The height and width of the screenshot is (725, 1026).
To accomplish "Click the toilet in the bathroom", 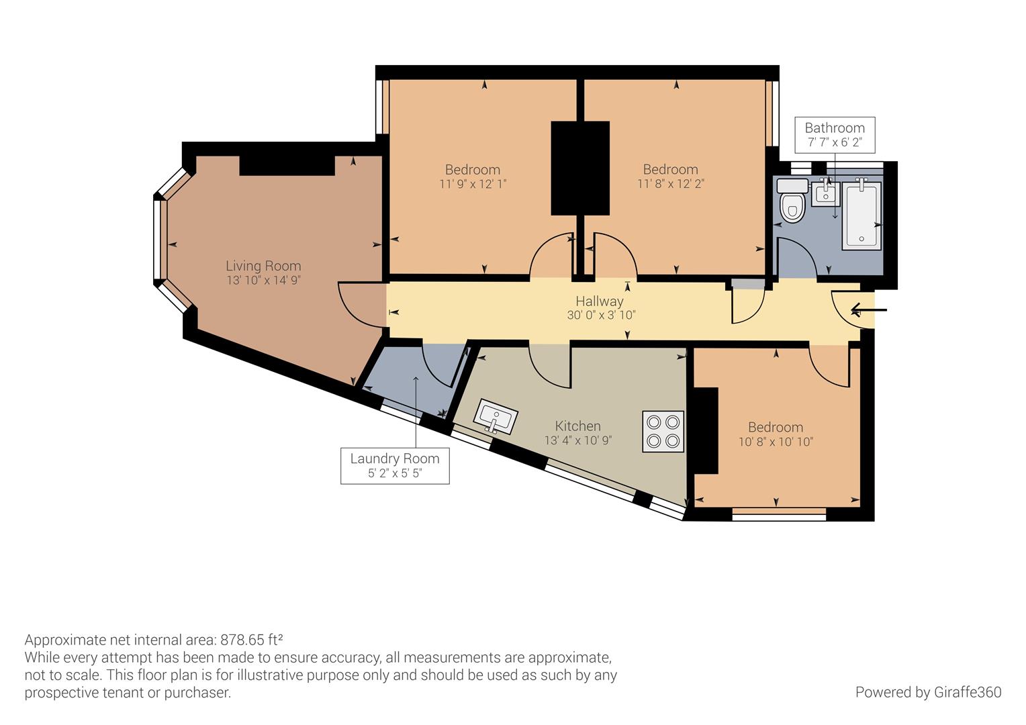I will pyautogui.click(x=793, y=203).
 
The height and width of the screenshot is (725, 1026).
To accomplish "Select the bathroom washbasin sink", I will pyautogui.click(x=825, y=194).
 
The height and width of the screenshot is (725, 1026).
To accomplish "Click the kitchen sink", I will pyautogui.click(x=496, y=418).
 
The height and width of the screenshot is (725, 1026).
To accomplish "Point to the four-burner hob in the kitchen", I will pyautogui.click(x=663, y=431).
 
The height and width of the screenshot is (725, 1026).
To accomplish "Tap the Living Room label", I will pyautogui.click(x=263, y=266).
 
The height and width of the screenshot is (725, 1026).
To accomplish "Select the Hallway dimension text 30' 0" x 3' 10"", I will pyautogui.click(x=601, y=315).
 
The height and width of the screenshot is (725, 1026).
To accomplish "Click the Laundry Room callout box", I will pyautogui.click(x=395, y=466).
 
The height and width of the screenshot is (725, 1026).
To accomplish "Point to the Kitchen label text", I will pyautogui.click(x=577, y=426).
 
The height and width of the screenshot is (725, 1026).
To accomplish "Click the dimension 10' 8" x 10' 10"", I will pyautogui.click(x=776, y=442).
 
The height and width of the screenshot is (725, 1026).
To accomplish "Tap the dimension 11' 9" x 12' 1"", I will pyautogui.click(x=473, y=183).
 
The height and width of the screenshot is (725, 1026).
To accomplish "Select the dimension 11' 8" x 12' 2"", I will pyautogui.click(x=670, y=183).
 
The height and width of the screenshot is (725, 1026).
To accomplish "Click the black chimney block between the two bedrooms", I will pyautogui.click(x=580, y=168).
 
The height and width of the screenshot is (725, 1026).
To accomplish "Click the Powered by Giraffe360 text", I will pyautogui.click(x=928, y=692).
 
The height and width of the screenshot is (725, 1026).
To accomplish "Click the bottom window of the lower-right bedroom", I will pyautogui.click(x=779, y=516).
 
